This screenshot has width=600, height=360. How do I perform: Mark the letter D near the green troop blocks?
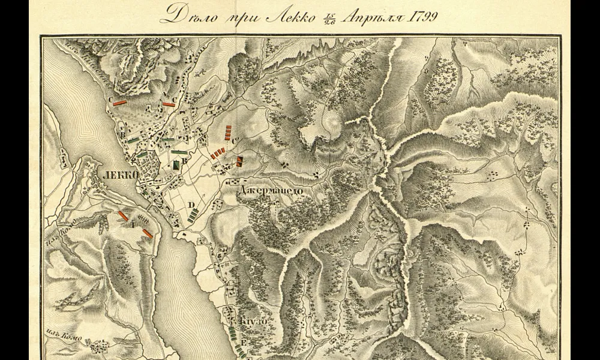[191, 205]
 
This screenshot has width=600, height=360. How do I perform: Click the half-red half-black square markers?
[239, 160]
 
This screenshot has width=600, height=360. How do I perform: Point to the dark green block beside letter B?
[176, 163]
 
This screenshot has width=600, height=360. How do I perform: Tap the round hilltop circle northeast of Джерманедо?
[331, 122]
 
